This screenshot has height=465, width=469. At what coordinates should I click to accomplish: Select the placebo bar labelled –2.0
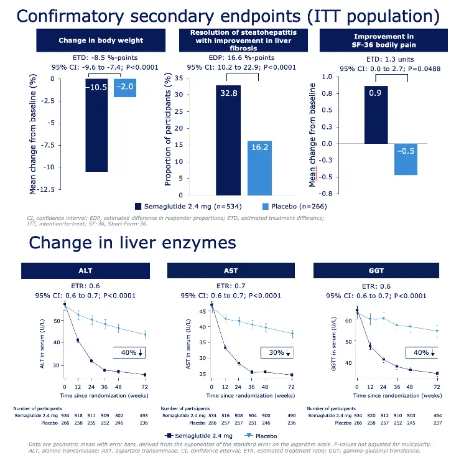(x=125, y=88)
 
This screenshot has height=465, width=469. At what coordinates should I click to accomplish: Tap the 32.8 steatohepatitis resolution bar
(x=228, y=140)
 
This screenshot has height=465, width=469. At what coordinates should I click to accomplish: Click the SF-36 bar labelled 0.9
(x=376, y=115)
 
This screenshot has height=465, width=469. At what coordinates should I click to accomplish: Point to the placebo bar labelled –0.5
(x=406, y=159)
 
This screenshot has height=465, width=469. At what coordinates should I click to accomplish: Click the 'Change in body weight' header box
(x=100, y=40)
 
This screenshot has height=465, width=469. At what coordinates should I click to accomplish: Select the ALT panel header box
(x=86, y=271)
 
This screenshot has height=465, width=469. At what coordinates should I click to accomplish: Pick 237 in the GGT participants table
(x=437, y=422)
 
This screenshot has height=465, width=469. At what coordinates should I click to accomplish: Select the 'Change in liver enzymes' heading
(x=132, y=243)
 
